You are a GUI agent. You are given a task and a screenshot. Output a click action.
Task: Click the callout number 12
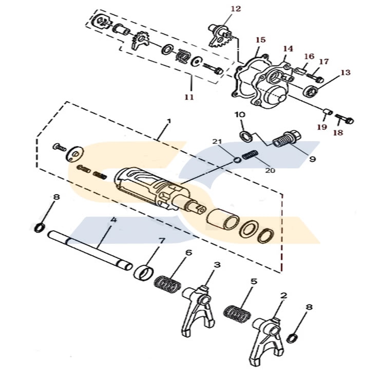[x=236, y=9]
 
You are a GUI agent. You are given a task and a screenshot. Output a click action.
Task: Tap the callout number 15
[x=261, y=40]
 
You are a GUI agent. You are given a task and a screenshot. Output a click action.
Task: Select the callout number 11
[x=189, y=97]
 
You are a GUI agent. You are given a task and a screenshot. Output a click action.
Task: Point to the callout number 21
[x=217, y=142]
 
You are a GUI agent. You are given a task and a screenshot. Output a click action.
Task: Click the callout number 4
[x=113, y=220]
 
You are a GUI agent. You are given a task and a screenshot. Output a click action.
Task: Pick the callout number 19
[x=322, y=127]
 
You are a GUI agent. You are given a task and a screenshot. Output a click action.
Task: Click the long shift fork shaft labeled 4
[x=90, y=250]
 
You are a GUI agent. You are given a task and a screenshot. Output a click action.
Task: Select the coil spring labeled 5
[x=238, y=313]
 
